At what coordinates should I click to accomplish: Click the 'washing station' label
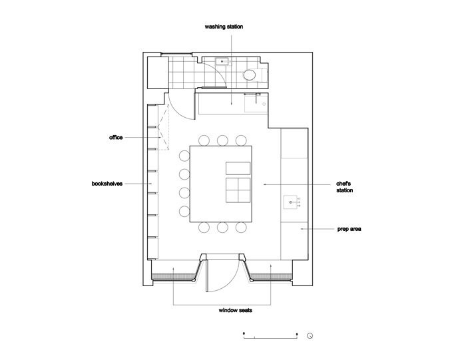click(x=224, y=27)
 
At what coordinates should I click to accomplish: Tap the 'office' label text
click(x=116, y=138)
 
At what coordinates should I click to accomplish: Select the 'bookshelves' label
click(x=107, y=184)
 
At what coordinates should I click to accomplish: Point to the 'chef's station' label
click(x=344, y=187)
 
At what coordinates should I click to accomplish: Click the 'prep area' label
click(x=349, y=229)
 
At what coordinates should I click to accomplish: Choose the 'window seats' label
click(x=236, y=310)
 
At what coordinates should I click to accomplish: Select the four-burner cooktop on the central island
click(x=238, y=190)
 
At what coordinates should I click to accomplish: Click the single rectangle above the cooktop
click(x=238, y=168)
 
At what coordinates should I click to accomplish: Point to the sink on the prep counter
click(x=290, y=202)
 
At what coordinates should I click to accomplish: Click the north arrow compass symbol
click(x=310, y=336)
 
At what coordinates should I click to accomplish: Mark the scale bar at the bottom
click(x=270, y=336)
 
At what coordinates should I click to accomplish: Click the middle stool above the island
click(x=222, y=140)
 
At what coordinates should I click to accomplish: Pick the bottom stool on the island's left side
click(x=184, y=211)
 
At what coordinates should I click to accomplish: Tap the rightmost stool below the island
click(x=241, y=228)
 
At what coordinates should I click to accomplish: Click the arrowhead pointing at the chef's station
click(x=264, y=184)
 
